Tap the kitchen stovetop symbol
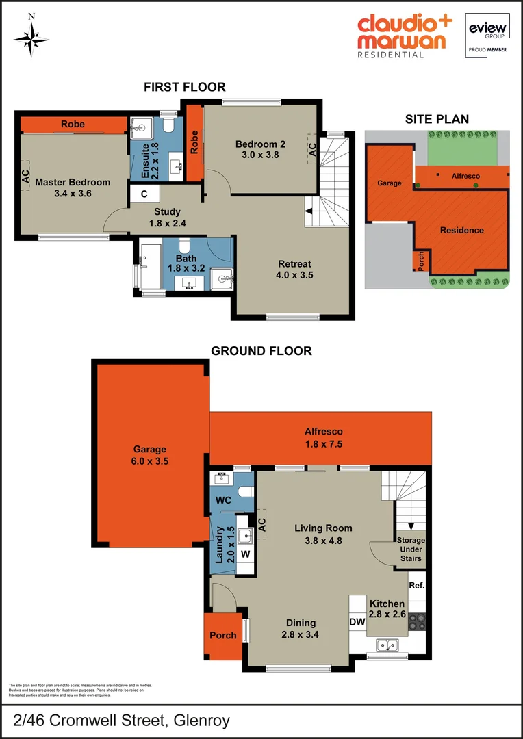point(418,623)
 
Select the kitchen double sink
point(387,645)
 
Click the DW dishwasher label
point(357,622)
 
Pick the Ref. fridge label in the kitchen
point(416,586)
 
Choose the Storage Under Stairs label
point(411,549)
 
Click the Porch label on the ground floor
point(222,635)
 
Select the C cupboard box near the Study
point(144,194)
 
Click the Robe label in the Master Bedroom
point(73,125)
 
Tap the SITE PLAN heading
point(437,118)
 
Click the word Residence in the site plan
point(461,230)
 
